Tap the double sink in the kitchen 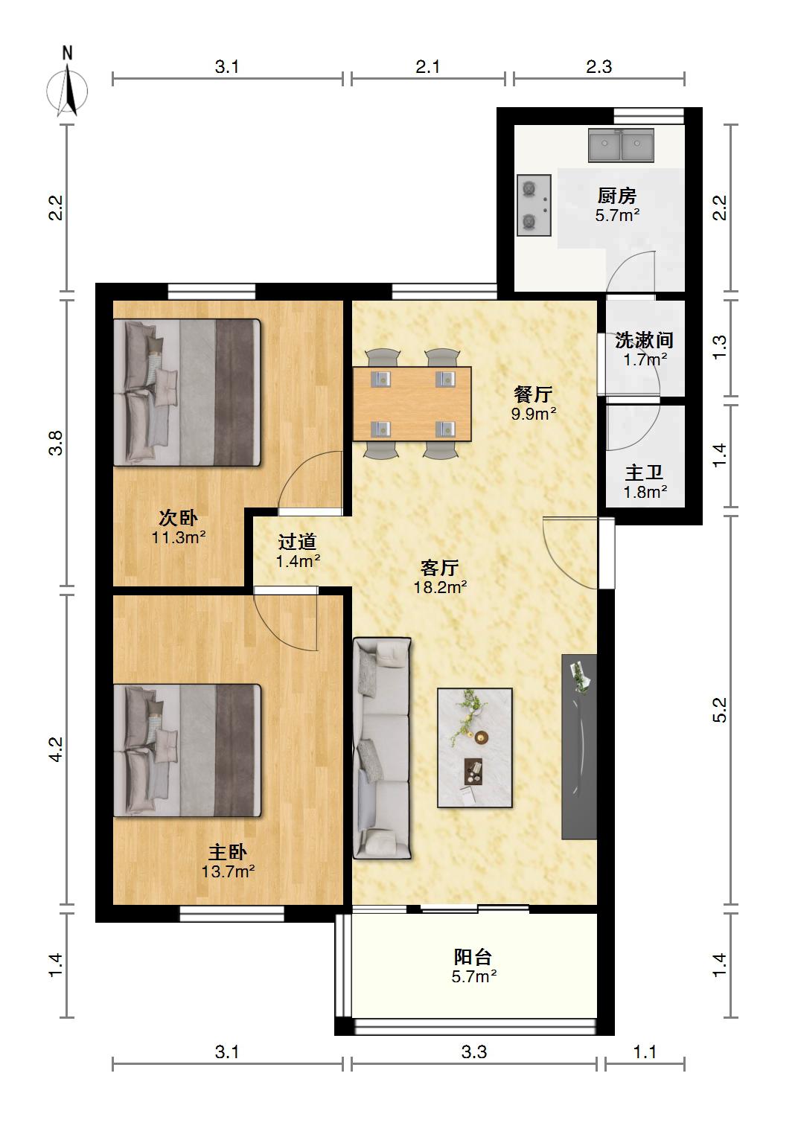point(621,145)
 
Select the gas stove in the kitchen point(534,205)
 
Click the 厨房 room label point(617,196)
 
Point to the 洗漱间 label point(644,340)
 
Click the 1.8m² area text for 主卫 point(645,493)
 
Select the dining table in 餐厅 point(412,403)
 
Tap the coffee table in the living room point(475,748)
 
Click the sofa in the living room point(382,748)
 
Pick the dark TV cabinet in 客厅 point(579,747)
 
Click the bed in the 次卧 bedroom point(187,392)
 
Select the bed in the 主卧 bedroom point(187,751)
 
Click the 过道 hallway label point(297,542)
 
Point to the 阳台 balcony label point(473,957)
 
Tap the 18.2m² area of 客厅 point(440,587)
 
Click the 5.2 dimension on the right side point(719,710)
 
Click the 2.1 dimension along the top point(428,67)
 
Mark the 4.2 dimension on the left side point(56,749)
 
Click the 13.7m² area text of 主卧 point(229,871)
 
